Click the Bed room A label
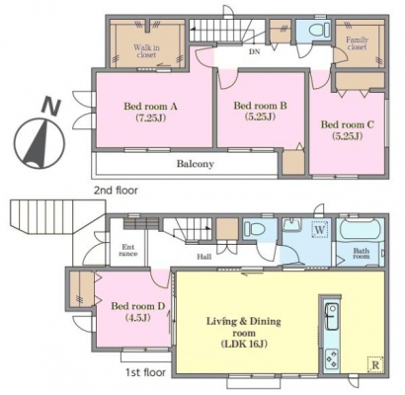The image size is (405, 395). tap(150, 112)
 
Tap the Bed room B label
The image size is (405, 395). tap(260, 111)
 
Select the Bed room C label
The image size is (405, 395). tap(348, 130)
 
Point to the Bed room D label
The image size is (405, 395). tap(137, 312)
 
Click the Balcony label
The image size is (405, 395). tap(196, 164)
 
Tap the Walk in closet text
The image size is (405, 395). tap(146, 51)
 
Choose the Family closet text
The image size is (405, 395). tap(357, 43)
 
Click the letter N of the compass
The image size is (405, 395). tap(50, 107)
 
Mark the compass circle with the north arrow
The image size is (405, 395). tap(40, 143)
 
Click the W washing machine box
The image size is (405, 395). tap(320, 229)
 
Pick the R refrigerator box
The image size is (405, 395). tap(375, 364)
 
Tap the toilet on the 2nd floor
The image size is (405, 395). tap(319, 30)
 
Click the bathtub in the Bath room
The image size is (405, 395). tap(360, 230)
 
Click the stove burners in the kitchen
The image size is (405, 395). tap(331, 359)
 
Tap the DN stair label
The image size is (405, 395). tap(254, 51)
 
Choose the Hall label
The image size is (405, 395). tap(204, 257)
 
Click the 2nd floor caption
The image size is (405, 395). tap(116, 191)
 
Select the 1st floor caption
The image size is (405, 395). tap(145, 372)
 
